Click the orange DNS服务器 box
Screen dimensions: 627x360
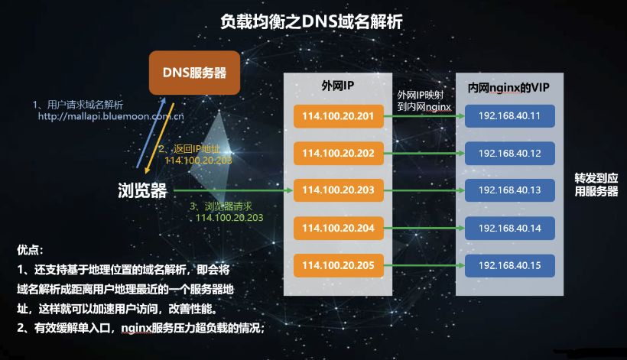click(x=194, y=73)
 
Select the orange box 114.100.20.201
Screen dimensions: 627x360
click(x=338, y=116)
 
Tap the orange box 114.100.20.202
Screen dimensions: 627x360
click(x=338, y=153)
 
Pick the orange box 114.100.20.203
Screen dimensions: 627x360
click(x=338, y=190)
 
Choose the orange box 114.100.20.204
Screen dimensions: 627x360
click(x=338, y=228)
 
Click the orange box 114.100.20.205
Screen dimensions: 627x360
click(x=338, y=265)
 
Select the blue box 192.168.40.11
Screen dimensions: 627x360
click(x=509, y=116)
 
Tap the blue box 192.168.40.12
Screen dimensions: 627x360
click(x=509, y=153)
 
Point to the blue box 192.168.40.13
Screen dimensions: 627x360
click(x=509, y=190)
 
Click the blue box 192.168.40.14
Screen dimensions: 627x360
click(x=509, y=228)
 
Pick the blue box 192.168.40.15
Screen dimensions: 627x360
click(x=509, y=265)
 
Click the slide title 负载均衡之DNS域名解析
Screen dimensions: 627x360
click(x=311, y=21)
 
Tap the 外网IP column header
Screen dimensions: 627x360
click(x=338, y=86)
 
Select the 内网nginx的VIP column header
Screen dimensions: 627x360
click(x=508, y=87)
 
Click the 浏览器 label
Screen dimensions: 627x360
click(x=142, y=190)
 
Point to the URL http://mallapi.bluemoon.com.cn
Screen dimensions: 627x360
click(x=111, y=116)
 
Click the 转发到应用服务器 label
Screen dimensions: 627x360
click(x=596, y=185)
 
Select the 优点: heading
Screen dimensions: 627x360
click(x=30, y=250)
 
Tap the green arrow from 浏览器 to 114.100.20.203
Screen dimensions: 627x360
click(x=233, y=190)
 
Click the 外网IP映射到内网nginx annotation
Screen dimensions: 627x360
click(x=424, y=101)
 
